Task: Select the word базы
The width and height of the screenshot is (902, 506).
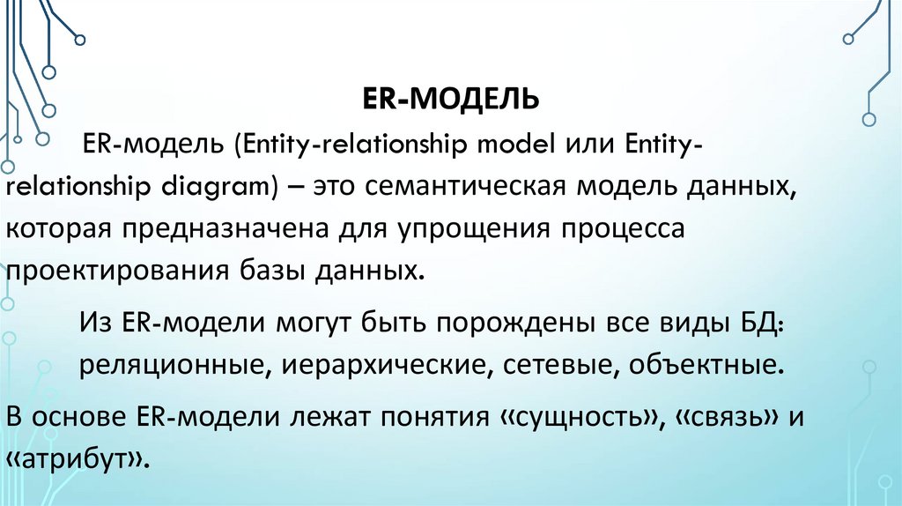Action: click(264, 269)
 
